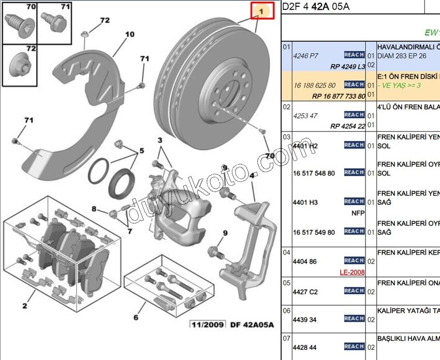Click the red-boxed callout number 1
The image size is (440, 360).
click(x=262, y=11)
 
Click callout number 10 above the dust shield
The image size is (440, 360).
click(x=129, y=35)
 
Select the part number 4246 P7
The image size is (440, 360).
click(x=305, y=55)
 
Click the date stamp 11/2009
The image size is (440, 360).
click(x=208, y=325)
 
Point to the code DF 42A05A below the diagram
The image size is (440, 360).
click(x=252, y=325)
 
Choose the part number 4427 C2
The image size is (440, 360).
click(x=305, y=292)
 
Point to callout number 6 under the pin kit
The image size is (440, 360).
click(x=136, y=318)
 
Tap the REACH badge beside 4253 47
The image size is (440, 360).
click(x=354, y=115)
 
